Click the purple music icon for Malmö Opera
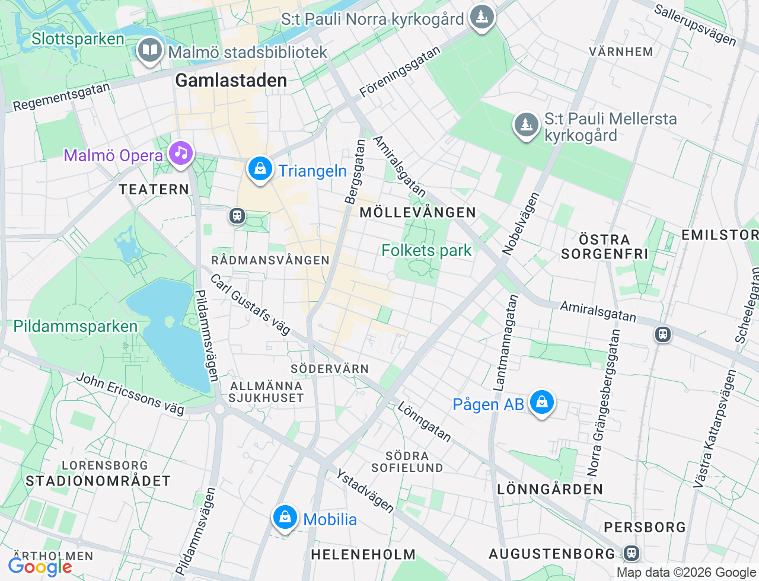coord(181,154)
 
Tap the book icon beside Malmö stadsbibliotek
coord(151,50)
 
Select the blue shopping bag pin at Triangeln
coord(260,170)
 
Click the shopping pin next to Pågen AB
coord(541,403)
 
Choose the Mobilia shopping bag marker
coord(285,518)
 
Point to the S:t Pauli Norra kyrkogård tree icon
coord(482,17)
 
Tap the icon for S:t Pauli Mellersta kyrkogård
coord(526,125)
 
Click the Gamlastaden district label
coord(231,81)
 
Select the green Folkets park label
coord(426,251)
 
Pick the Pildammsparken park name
coord(75,327)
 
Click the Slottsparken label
coord(78,39)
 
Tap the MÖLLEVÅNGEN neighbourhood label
coord(418,212)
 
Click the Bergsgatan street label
coord(355,172)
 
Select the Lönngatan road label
coord(424,422)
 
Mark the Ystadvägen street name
coord(365,491)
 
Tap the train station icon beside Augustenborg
coord(632,553)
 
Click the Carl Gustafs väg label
coord(250,305)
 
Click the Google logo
coord(40,567)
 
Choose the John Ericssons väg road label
coord(130,393)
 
